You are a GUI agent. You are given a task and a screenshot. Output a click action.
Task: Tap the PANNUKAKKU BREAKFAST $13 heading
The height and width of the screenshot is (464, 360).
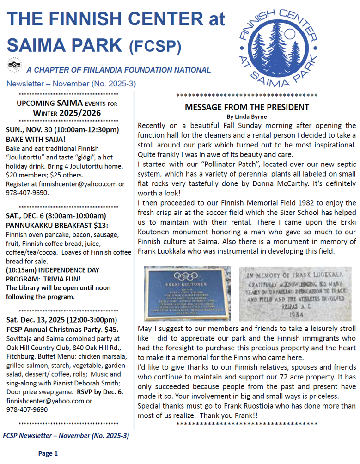pyautogui.click(x=56, y=225)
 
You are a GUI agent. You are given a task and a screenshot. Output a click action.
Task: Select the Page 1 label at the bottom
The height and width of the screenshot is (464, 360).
pyautogui.click(x=48, y=453)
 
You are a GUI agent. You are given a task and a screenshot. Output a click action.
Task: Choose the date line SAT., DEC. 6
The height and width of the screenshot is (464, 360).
pyautogui.click(x=56, y=216)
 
